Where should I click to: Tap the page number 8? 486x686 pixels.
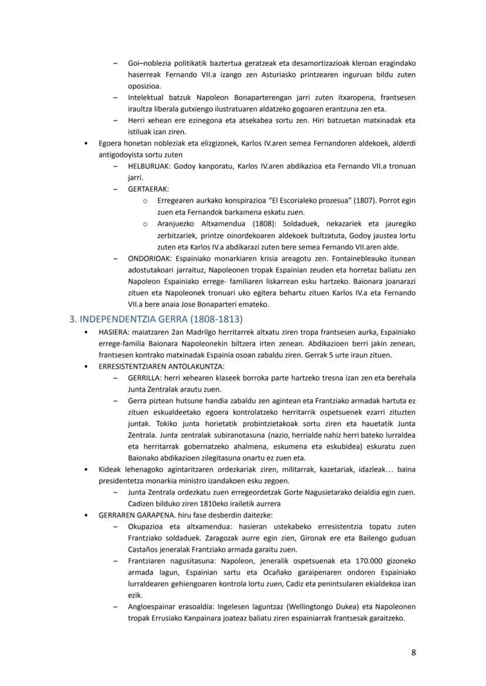pyautogui.click(x=413, y=652)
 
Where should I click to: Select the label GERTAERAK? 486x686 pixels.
pyautogui.click(x=148, y=189)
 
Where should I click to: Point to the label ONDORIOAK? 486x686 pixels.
pyautogui.click(x=150, y=258)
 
